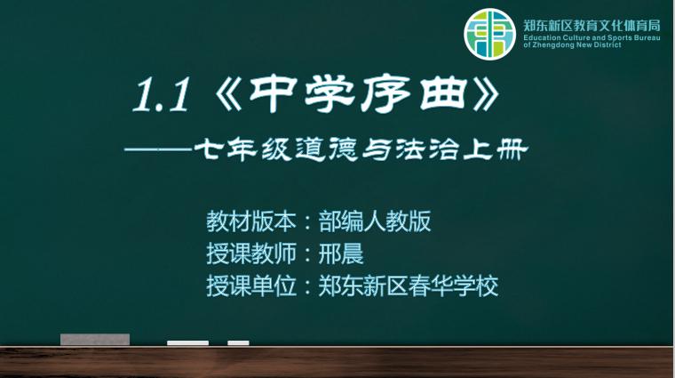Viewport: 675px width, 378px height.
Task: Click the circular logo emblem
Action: pyautogui.click(x=490, y=34)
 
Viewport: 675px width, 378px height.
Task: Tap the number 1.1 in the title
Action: pyautogui.click(x=161, y=96)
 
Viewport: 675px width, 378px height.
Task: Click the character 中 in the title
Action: pyautogui.click(x=272, y=93)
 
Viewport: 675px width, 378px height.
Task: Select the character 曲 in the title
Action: pyautogui.click(x=443, y=93)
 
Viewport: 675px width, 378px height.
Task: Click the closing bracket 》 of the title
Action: pyautogui.click(x=486, y=94)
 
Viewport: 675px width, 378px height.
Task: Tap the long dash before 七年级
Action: pyautogui.click(x=158, y=150)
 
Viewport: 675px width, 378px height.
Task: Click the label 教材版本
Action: pyautogui.click(x=251, y=221)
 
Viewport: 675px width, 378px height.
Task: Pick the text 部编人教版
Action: pyautogui.click(x=375, y=221)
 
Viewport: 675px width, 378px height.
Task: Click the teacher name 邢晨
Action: pyautogui.click(x=341, y=253)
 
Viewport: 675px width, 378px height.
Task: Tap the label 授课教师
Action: pyautogui.click(x=251, y=253)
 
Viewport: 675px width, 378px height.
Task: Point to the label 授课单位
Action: pyautogui.click(x=251, y=286)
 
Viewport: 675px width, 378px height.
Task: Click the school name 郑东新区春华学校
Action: pyautogui.click(x=409, y=286)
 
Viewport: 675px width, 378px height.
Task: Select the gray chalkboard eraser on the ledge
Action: pyautogui.click(x=95, y=340)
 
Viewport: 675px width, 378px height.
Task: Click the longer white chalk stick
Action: pyautogui.click(x=187, y=343)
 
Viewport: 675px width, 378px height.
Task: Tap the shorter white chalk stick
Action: pyautogui.click(x=239, y=343)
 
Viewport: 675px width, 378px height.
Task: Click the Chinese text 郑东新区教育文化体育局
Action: pyautogui.click(x=592, y=26)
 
